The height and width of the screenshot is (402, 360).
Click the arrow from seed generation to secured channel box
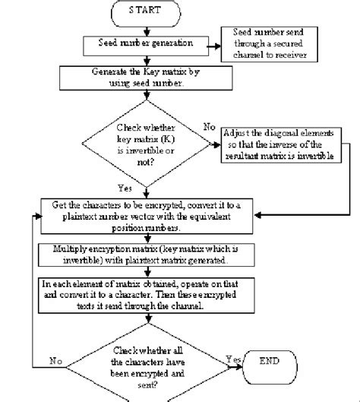tap(209, 44)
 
